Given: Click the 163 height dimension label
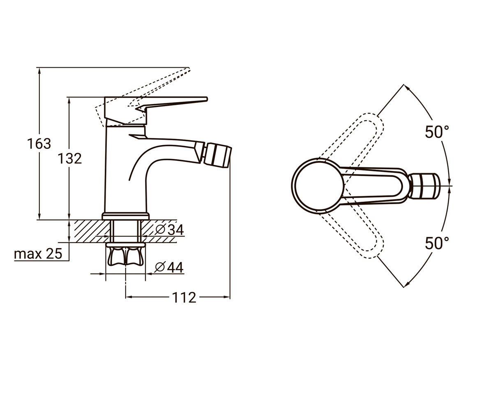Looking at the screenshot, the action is coord(39,143).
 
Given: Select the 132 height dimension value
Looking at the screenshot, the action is coord(70,158).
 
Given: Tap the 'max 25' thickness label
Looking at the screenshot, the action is coord(38,254).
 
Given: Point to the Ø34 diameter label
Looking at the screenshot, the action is coord(170,229).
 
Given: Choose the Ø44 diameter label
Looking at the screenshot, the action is coord(169,267).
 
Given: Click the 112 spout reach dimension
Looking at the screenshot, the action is coord(184,298).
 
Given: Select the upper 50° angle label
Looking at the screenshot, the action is coord(437,132).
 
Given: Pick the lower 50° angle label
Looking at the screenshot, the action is coord(437,243).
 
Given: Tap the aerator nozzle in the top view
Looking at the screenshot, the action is coord(424,186).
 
